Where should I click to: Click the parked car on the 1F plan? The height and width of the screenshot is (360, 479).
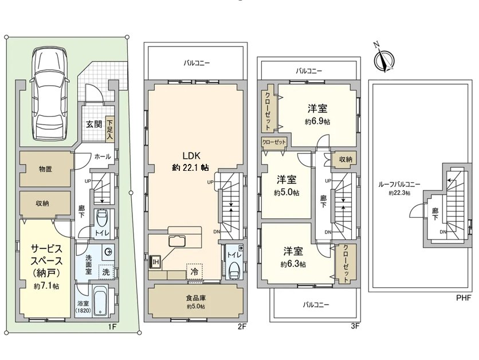[50, 95]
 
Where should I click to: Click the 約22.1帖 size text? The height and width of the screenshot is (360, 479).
[190, 167]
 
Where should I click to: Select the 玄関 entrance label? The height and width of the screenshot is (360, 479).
[93, 124]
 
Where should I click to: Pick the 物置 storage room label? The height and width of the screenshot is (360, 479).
[46, 169]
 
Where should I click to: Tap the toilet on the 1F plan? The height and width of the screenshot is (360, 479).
[102, 220]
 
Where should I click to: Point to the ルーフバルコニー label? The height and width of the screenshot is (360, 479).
[399, 185]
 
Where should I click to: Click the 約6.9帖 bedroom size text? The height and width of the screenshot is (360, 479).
[317, 122]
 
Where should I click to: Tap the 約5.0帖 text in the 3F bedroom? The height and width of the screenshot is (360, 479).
[286, 193]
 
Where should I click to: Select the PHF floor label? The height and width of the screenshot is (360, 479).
[464, 298]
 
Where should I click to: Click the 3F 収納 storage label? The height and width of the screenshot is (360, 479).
[345, 159]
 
